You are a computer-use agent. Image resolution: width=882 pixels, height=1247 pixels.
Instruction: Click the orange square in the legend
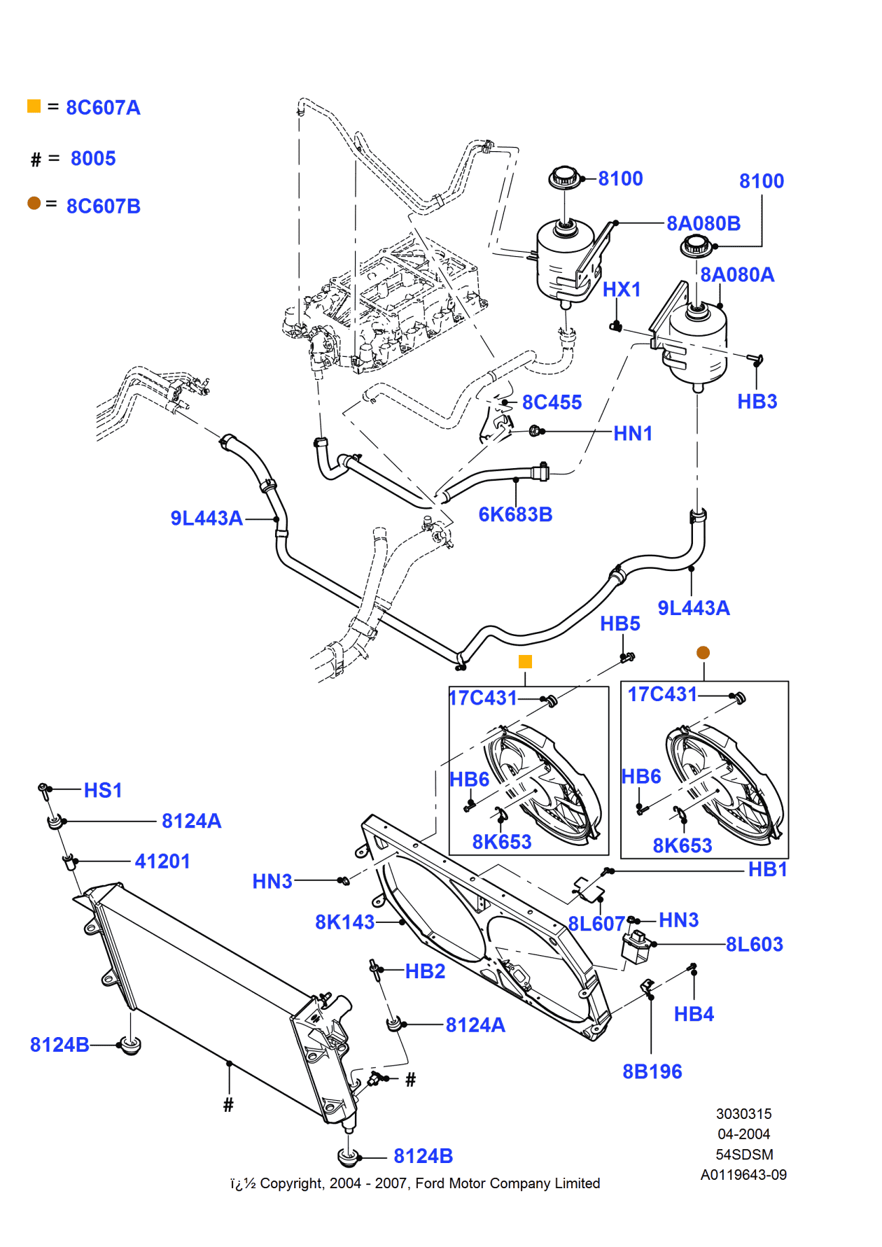pos(34,106)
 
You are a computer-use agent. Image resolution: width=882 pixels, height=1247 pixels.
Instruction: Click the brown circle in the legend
pos(34,203)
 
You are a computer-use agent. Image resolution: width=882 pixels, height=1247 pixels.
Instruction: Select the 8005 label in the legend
pos(93,158)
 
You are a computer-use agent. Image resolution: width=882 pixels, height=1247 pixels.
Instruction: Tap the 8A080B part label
pos(703,223)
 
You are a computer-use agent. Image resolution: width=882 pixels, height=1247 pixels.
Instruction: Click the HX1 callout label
pos(622,289)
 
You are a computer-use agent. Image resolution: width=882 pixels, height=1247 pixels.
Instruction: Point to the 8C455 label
pos(552,402)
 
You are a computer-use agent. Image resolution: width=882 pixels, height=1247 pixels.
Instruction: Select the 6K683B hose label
pos(515,514)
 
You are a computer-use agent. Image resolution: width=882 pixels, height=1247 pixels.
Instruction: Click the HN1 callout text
pos(633,434)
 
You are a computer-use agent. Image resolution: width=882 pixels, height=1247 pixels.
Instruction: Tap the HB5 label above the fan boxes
pos(619,623)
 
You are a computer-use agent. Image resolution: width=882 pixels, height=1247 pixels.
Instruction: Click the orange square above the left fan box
pos(525,661)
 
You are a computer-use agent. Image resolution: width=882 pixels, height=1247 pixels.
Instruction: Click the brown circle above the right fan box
pos(703,652)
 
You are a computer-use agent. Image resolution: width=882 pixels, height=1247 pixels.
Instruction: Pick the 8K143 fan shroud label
pos(344,922)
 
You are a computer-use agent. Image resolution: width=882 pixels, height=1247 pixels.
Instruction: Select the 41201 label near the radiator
pos(162,861)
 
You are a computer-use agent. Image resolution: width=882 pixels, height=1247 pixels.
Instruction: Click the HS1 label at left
pos(103,790)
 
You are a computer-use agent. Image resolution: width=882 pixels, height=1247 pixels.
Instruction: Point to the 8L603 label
pos(754,944)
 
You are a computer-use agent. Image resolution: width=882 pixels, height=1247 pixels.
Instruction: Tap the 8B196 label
pos(652,1071)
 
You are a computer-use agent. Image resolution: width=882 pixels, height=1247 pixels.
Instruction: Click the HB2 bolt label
pos(425,971)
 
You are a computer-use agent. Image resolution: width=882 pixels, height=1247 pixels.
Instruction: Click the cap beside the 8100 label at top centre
pos(564,177)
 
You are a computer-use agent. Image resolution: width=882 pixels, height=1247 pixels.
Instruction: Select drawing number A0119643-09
pos(743,1175)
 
